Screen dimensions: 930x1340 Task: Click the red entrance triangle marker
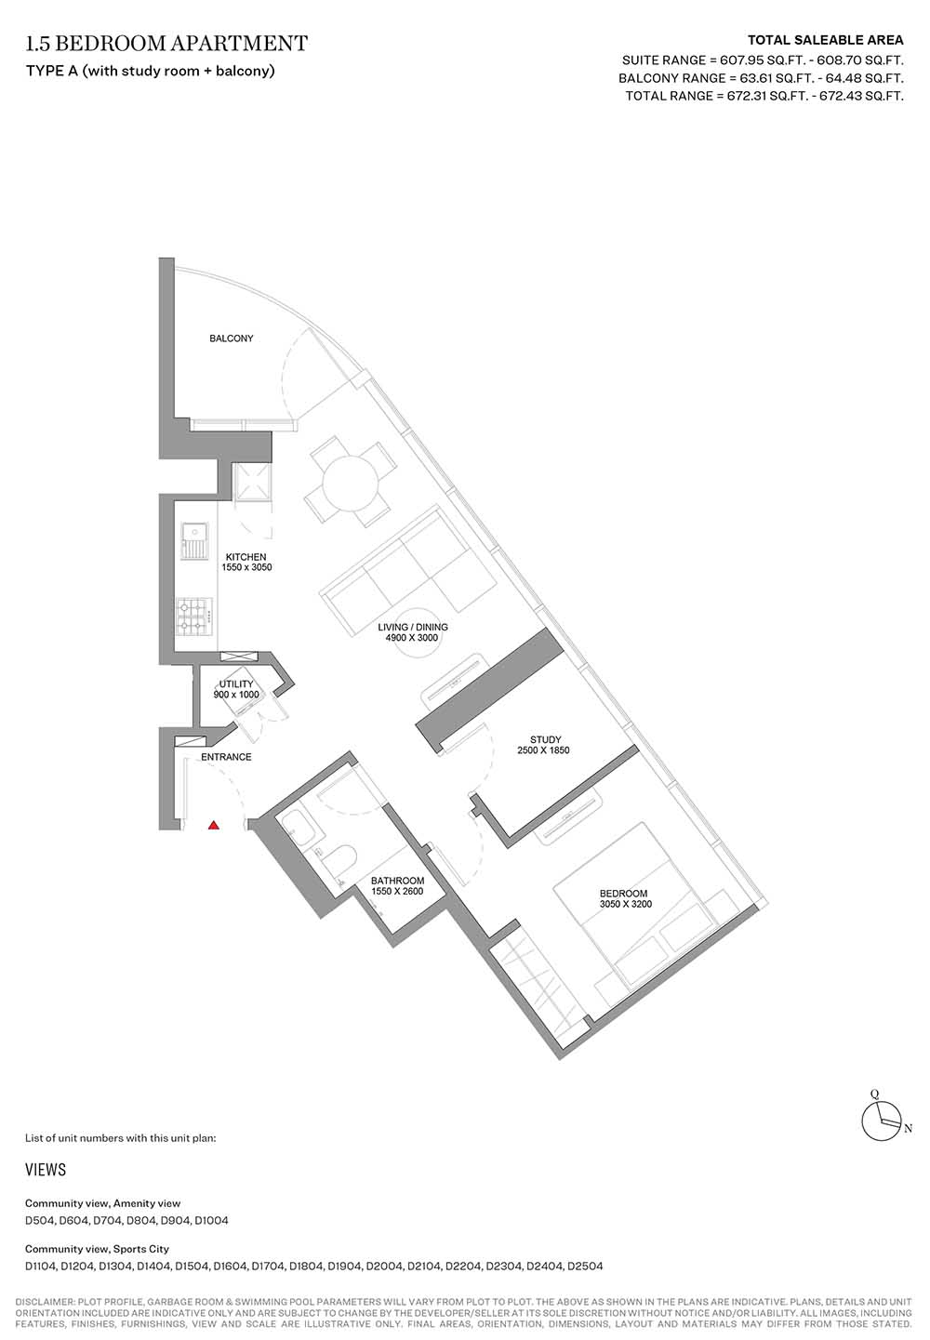[214, 826]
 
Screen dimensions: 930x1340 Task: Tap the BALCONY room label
[231, 338]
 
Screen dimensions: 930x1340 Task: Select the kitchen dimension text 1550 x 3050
[246, 567]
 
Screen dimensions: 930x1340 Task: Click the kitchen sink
[195, 539]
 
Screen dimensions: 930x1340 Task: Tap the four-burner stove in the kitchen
[194, 617]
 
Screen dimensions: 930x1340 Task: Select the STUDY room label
[545, 739]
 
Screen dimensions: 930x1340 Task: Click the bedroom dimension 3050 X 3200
[626, 904]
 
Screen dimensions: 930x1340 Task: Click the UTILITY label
[236, 683]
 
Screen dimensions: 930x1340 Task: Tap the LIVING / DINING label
[413, 627]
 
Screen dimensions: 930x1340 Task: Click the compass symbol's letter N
[908, 1129]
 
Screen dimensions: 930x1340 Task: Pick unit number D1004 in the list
[211, 1220]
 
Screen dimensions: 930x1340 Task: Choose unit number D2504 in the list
[585, 1266]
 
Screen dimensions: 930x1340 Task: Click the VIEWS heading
[46, 1170]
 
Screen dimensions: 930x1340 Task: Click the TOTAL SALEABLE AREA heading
[825, 41]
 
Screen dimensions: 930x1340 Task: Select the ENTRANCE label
[226, 757]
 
